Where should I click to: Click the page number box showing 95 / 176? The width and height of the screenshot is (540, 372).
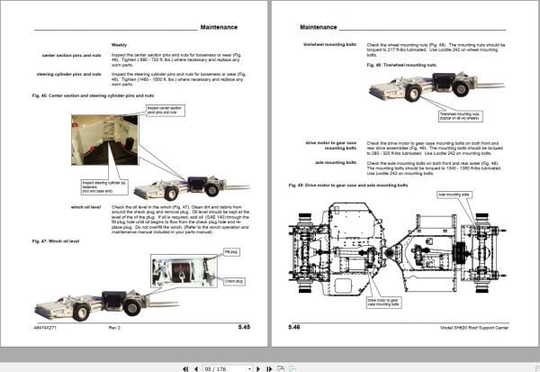[x=216, y=367]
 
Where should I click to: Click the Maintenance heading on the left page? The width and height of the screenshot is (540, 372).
[x=224, y=29]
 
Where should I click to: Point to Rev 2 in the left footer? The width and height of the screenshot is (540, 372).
[x=114, y=327]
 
